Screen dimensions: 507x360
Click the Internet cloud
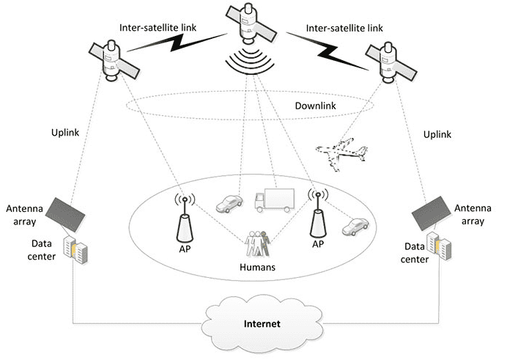262,323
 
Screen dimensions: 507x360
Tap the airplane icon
341,154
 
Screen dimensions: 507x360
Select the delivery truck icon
274,201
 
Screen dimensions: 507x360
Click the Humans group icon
257,243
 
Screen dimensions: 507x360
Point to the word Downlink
315,106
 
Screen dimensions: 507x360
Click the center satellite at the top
251,24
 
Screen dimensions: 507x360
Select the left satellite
114,61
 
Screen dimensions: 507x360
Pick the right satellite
391,62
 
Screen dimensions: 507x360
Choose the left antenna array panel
65,215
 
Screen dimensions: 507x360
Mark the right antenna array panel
431,213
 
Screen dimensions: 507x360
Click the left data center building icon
75,250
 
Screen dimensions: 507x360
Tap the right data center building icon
439,246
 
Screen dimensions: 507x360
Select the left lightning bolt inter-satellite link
177,42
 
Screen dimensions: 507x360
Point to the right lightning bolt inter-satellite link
327,51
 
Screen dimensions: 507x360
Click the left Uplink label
65,132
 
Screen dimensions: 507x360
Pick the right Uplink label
437,134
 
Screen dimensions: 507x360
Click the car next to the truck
229,204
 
